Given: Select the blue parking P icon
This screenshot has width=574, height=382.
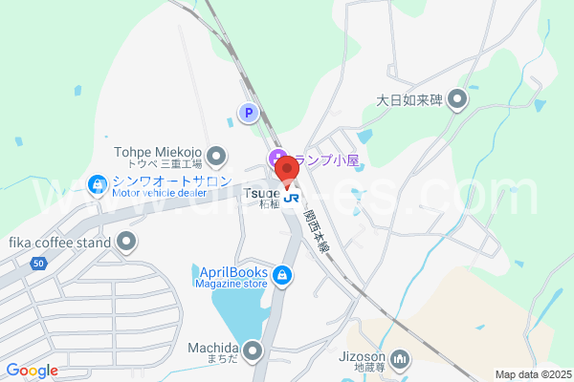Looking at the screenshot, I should point(247,114).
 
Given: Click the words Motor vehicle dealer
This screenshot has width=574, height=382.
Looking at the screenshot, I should point(158,193).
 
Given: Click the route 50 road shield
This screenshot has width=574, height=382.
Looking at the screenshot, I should point(38,262).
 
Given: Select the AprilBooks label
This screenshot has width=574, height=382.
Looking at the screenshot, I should point(231,270).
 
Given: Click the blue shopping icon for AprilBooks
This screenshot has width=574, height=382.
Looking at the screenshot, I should point(281,277).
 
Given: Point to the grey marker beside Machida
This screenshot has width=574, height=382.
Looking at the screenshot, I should point(253,351).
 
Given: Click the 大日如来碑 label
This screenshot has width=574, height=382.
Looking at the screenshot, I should point(409,99).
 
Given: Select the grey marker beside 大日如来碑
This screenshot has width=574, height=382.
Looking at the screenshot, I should point(457,99).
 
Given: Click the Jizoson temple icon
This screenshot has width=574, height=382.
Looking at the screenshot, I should point(401,359).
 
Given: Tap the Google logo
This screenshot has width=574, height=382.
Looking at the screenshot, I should point(33,371).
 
